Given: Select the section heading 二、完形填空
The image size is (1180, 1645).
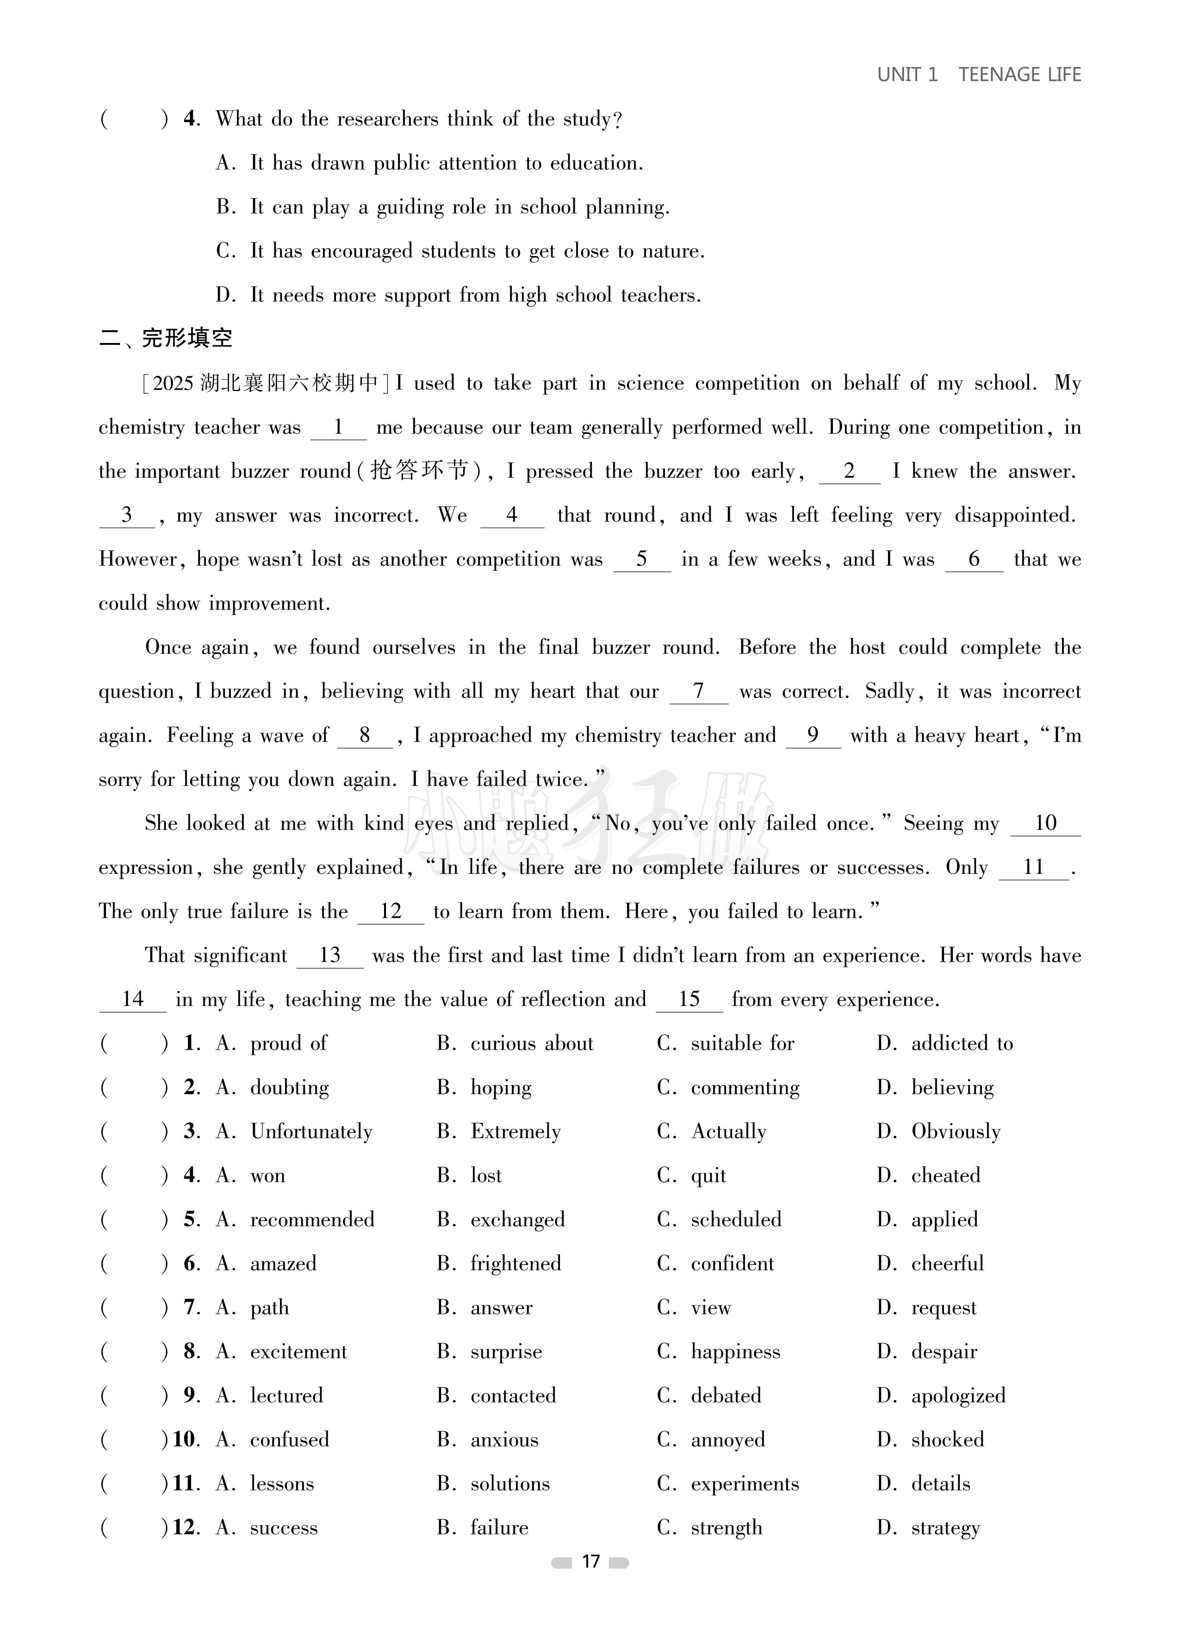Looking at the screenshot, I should [x=166, y=339].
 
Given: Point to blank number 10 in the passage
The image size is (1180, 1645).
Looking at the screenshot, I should [x=1045, y=823].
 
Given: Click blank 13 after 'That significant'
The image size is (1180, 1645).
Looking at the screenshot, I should [x=329, y=955].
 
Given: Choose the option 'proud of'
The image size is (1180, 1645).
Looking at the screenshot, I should [x=288, y=1044].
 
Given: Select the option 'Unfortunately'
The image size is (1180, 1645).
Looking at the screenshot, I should [x=311, y=1132].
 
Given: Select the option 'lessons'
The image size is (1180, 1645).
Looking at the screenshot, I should [x=282, y=1484].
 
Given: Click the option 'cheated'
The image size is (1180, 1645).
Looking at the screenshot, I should [x=945, y=1176].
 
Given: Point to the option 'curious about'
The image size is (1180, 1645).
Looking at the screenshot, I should [x=532, y=1044].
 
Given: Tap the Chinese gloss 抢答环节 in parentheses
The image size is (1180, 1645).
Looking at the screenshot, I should [x=419, y=472].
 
